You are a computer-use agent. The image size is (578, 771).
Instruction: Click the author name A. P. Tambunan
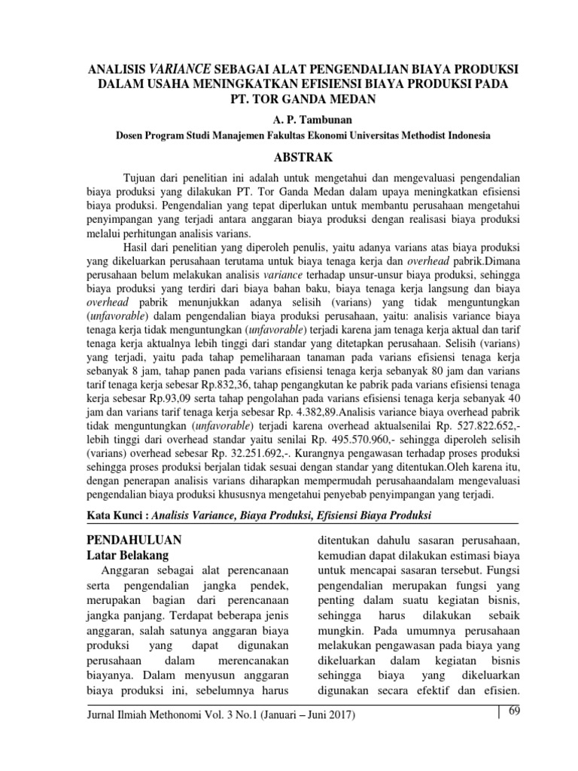tap(303, 120)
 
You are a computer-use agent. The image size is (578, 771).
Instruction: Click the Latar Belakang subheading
tap(129, 556)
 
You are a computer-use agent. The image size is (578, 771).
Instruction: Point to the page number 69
tap(516, 712)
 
